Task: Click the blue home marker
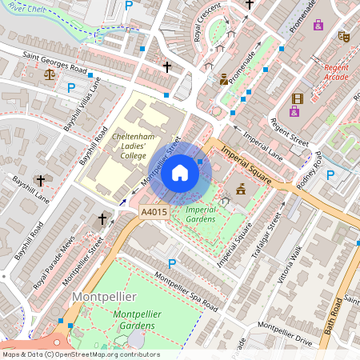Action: (x=180, y=172)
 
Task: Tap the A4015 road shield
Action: (x=154, y=212)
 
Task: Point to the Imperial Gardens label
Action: (x=201, y=214)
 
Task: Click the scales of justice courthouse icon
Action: (x=50, y=74)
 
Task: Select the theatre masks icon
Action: (x=345, y=36)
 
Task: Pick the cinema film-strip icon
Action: (x=298, y=99)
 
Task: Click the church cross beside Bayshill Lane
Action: (x=42, y=182)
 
